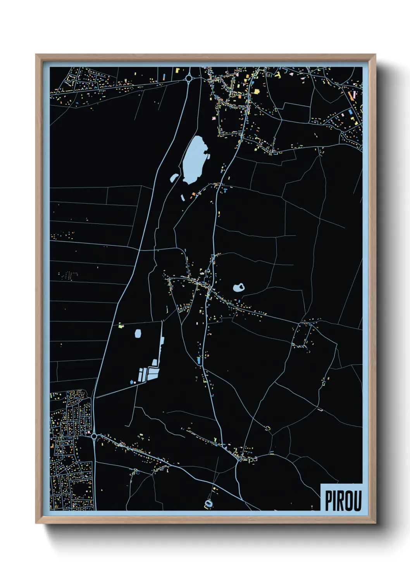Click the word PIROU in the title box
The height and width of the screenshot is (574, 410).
click(343, 500)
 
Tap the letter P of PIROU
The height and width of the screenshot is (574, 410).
click(329, 500)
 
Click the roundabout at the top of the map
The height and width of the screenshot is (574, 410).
click(189, 79)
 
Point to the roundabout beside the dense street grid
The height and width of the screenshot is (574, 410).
click(94, 437)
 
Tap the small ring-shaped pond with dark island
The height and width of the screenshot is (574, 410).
click(239, 288)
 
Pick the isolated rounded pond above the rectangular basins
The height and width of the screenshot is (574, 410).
click(138, 333)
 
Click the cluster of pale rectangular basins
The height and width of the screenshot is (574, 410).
click(149, 373)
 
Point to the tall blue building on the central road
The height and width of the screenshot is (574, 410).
click(199, 360)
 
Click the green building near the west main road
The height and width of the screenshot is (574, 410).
click(121, 325)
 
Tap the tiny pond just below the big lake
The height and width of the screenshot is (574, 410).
click(183, 197)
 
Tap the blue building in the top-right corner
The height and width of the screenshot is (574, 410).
click(351, 111)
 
